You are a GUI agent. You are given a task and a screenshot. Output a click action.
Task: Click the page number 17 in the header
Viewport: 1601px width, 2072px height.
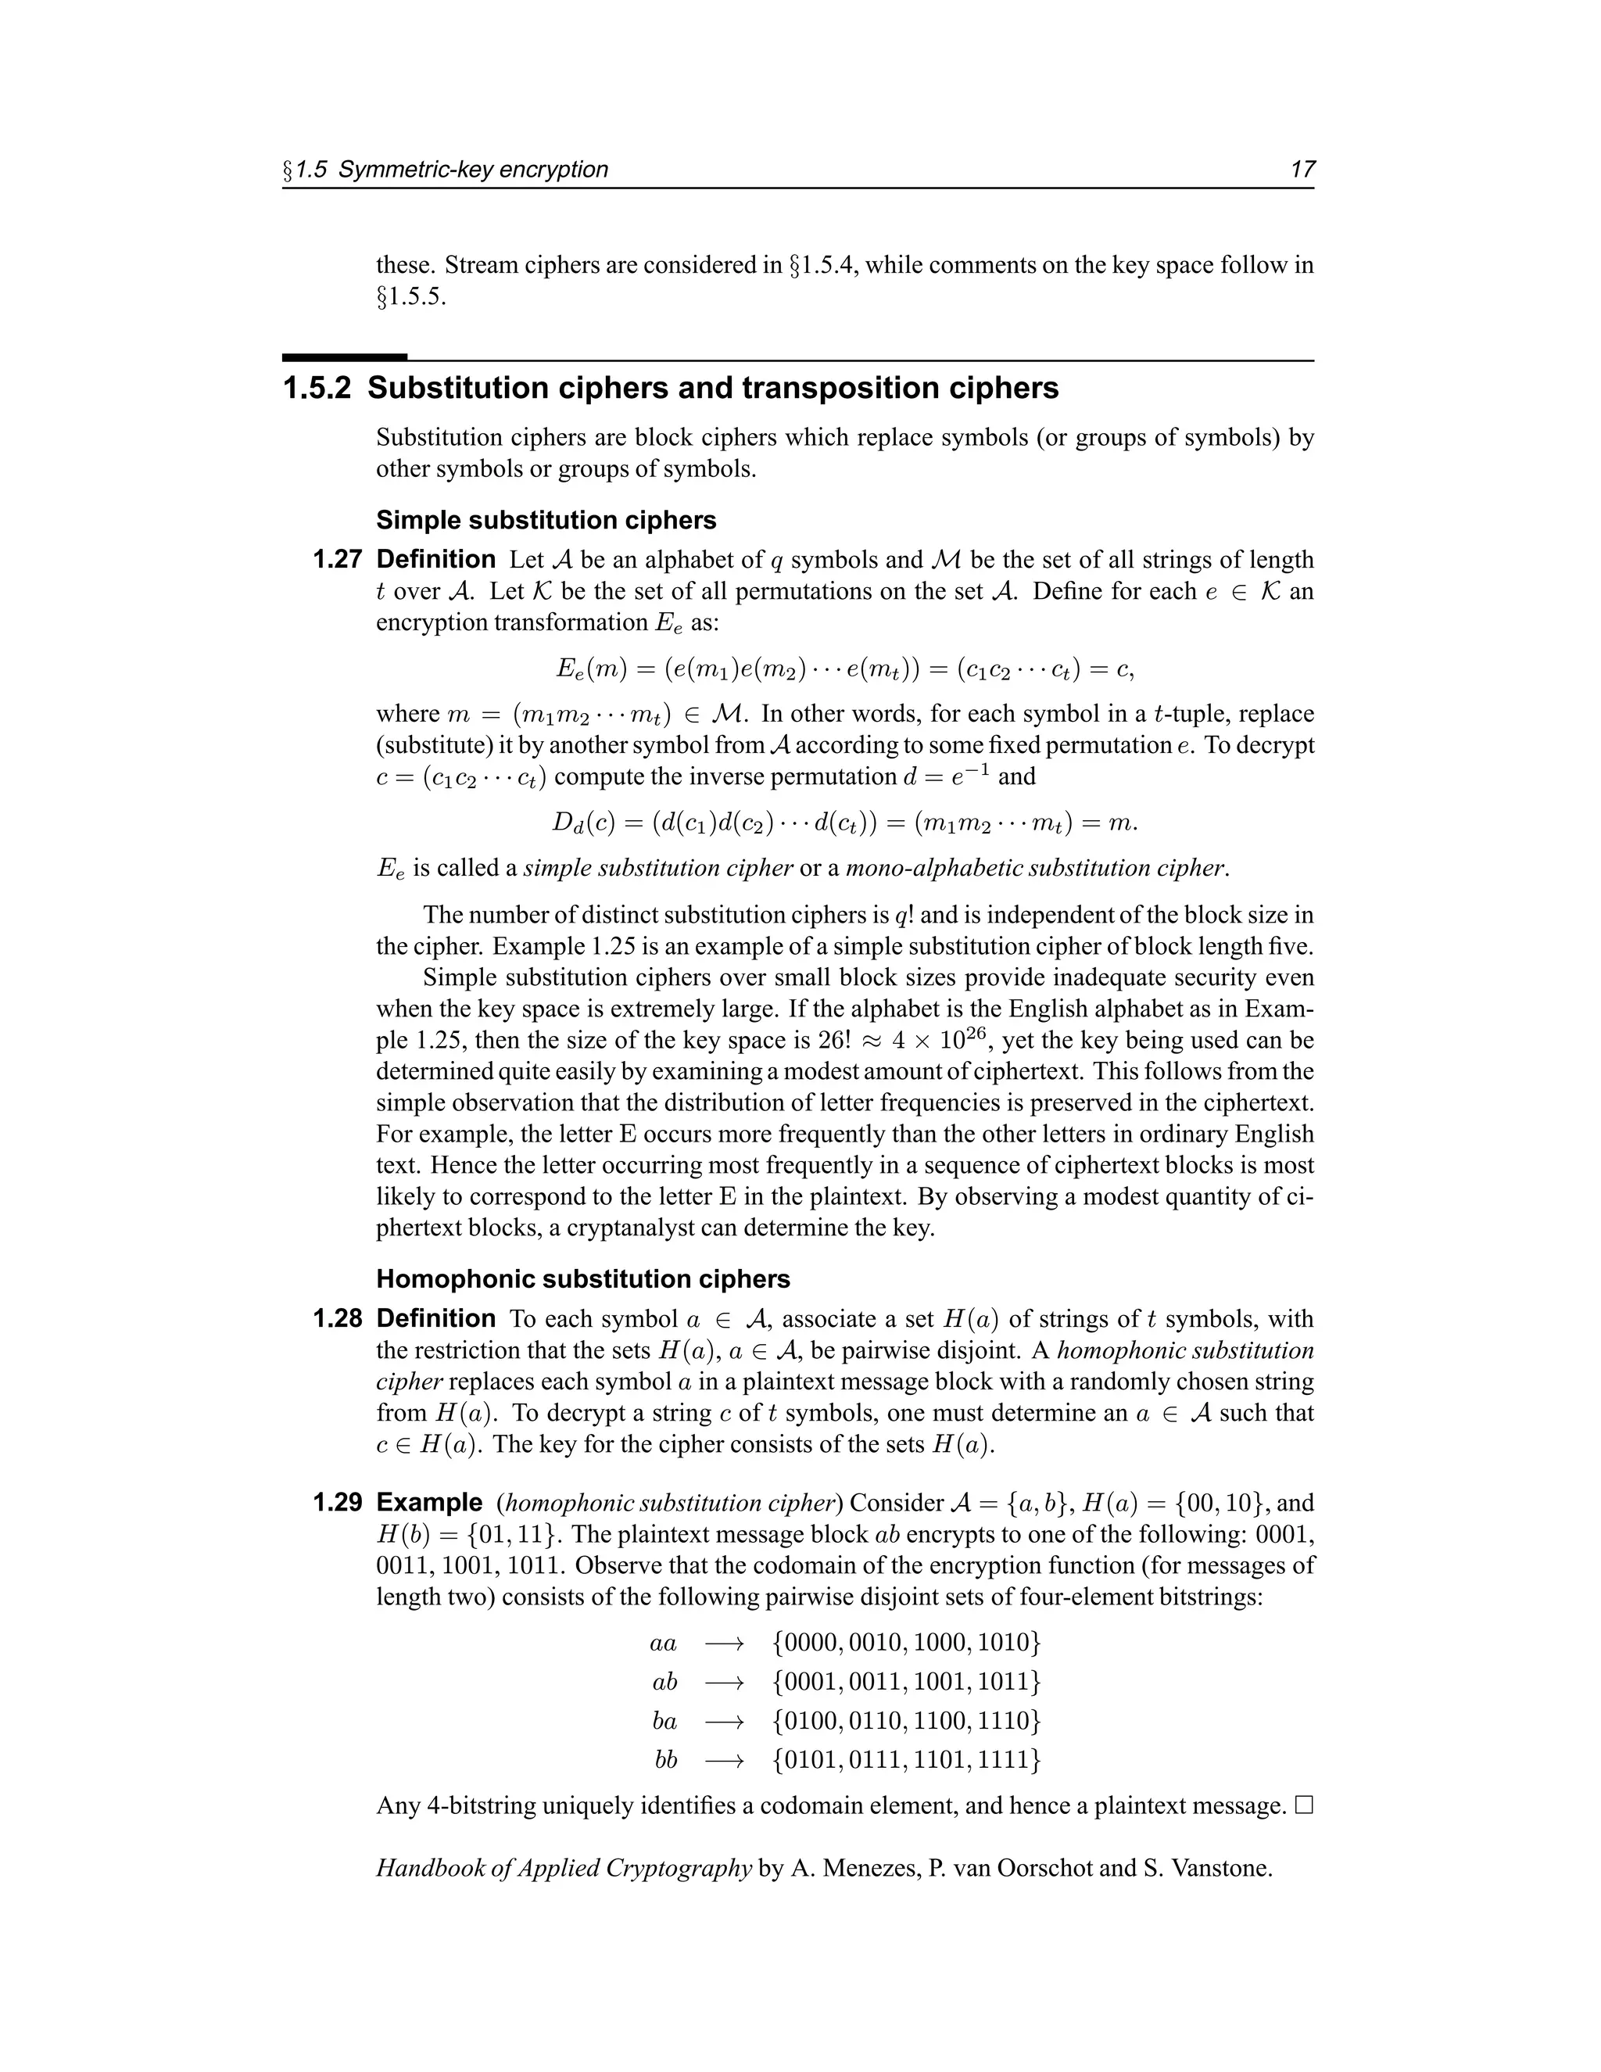click(1302, 170)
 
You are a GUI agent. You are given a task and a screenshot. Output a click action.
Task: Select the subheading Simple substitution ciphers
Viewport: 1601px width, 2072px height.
click(546, 520)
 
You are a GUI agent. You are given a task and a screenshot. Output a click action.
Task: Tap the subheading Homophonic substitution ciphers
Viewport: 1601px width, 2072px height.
click(582, 1279)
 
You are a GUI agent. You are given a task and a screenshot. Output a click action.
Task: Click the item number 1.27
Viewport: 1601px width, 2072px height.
click(337, 560)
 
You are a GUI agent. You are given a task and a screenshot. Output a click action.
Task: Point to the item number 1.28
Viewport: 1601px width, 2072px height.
click(337, 1319)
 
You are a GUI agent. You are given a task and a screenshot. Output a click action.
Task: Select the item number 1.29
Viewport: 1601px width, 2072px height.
click(337, 1503)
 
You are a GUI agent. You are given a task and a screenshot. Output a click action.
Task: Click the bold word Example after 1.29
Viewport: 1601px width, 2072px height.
click(428, 1503)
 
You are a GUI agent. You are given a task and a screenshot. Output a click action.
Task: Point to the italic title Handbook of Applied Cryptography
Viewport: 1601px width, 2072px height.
click(564, 1868)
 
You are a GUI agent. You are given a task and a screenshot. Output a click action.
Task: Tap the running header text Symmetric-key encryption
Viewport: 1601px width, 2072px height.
click(472, 170)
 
